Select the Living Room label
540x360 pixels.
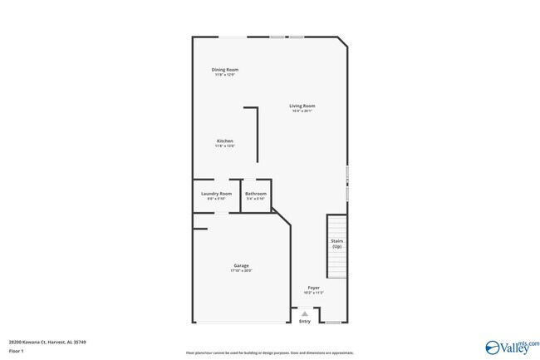(302, 106)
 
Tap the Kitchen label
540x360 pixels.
(225, 141)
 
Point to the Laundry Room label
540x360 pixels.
(216, 194)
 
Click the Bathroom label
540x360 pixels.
(255, 194)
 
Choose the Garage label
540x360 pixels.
(241, 265)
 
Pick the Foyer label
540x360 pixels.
(313, 288)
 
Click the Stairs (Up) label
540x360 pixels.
(336, 244)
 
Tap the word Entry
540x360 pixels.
(305, 321)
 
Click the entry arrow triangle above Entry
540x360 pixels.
(305, 313)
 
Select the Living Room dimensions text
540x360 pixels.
(302, 111)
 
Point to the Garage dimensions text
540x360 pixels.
(241, 271)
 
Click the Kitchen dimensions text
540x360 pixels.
(225, 146)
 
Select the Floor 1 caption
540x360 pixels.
(17, 351)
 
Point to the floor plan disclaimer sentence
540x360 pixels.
(269, 353)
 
